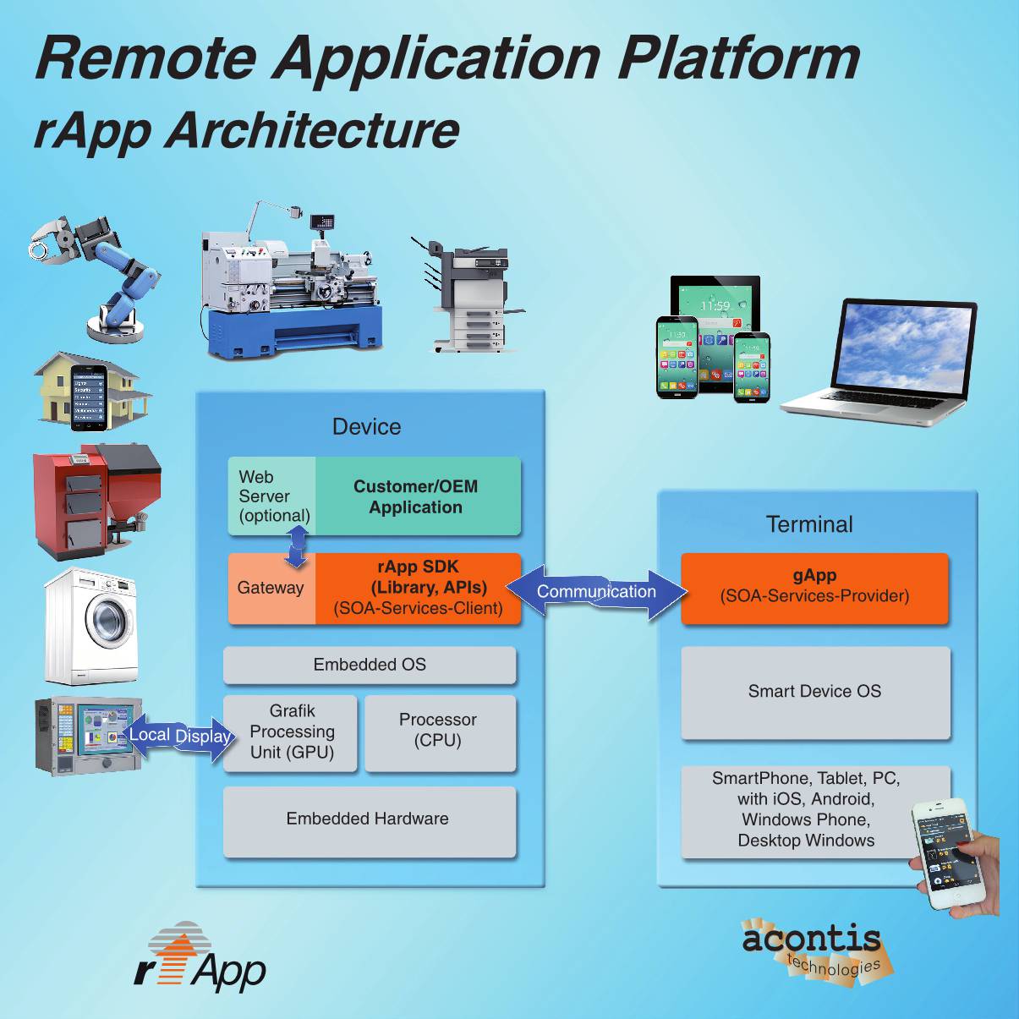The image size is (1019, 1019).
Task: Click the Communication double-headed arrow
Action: click(596, 592)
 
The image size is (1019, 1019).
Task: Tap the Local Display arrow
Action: click(178, 736)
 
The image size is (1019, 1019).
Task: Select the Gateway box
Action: click(271, 589)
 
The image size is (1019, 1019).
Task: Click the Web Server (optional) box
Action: click(272, 496)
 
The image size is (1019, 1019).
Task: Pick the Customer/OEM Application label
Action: click(416, 497)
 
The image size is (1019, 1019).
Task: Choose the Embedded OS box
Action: click(370, 666)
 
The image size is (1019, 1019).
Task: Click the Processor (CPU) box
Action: click(439, 731)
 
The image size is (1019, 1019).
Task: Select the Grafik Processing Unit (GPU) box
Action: click(292, 732)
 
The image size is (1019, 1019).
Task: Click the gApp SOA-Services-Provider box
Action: click(814, 588)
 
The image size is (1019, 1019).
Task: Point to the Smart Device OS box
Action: click(815, 692)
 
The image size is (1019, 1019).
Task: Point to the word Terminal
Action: click(809, 524)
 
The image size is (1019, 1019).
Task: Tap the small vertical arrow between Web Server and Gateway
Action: click(297, 546)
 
